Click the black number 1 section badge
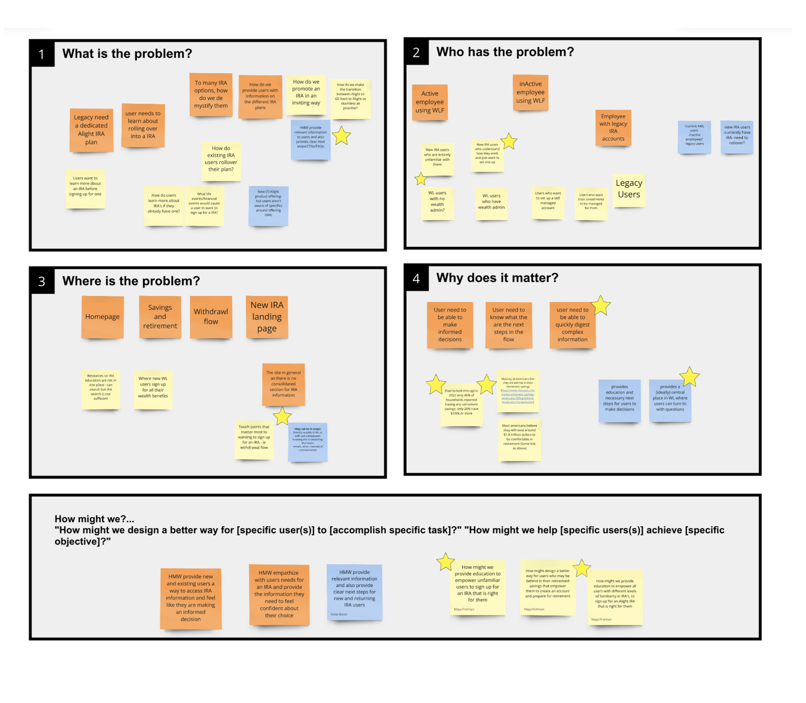[x=42, y=54]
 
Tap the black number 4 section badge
[x=416, y=278]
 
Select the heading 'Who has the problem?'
[x=505, y=52]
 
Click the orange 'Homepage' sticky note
[x=102, y=317]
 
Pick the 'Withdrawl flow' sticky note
[x=211, y=317]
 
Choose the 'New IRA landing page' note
[x=267, y=317]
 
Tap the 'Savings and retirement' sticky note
[x=160, y=317]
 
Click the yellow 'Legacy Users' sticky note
[x=629, y=189]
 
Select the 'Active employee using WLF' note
[x=430, y=102]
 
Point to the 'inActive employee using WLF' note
[x=530, y=92]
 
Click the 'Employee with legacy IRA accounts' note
[x=613, y=127]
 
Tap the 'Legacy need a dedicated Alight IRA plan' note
[x=91, y=130]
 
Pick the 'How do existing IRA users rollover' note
[x=221, y=159]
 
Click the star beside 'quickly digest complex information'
[x=601, y=305]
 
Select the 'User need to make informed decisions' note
[x=450, y=325]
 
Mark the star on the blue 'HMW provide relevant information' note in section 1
[x=341, y=136]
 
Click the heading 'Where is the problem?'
[x=131, y=281]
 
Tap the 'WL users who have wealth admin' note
[x=491, y=202]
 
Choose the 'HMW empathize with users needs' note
[x=279, y=594]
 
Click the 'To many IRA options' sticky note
[x=211, y=95]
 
